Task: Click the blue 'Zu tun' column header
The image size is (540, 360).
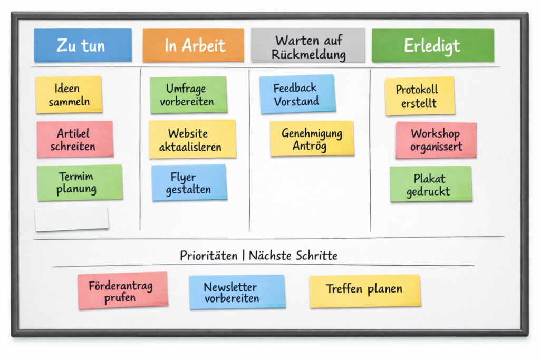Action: [x=83, y=45]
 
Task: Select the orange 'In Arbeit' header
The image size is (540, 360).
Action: [x=193, y=45]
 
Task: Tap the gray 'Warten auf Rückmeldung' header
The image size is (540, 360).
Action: [x=308, y=46]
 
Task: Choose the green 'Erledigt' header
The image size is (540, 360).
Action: [x=432, y=45]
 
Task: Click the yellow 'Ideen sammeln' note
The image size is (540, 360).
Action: [x=69, y=94]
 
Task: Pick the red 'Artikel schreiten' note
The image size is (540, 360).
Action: [x=75, y=139]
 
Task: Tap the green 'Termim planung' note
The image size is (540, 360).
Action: [x=80, y=182]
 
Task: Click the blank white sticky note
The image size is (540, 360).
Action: [x=72, y=218]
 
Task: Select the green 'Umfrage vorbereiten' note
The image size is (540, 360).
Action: [x=188, y=95]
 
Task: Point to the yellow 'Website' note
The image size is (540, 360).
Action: [x=192, y=139]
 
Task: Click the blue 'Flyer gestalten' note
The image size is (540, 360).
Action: [x=189, y=182]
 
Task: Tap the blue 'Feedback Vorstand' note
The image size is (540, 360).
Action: [x=297, y=94]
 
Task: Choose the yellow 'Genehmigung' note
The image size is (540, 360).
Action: [x=312, y=139]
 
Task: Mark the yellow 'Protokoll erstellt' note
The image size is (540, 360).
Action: [x=419, y=96]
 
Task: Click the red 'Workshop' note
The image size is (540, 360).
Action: [x=436, y=140]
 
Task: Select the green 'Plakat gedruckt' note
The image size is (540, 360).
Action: [x=431, y=184]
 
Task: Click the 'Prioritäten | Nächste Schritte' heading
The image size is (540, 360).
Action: [x=258, y=256]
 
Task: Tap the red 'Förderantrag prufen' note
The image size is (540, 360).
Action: [x=122, y=290]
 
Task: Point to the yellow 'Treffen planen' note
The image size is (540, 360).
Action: [x=364, y=290]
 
